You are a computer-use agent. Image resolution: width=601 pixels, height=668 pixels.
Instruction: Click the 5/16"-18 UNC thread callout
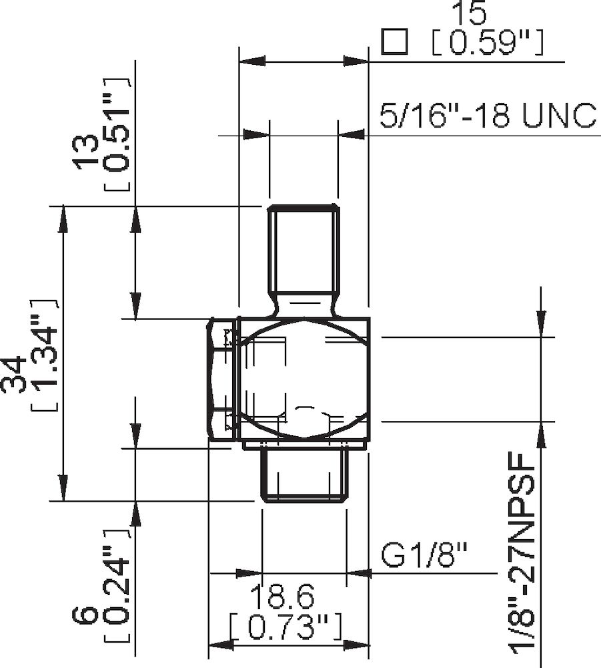(x=487, y=115)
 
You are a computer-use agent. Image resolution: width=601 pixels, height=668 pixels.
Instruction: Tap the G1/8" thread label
(x=424, y=554)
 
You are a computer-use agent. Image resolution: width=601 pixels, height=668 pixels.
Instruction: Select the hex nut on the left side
(x=221, y=379)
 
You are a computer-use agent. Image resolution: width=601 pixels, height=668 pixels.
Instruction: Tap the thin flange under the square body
(x=304, y=444)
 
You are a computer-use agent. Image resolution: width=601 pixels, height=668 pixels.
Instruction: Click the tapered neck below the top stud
(x=304, y=307)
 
